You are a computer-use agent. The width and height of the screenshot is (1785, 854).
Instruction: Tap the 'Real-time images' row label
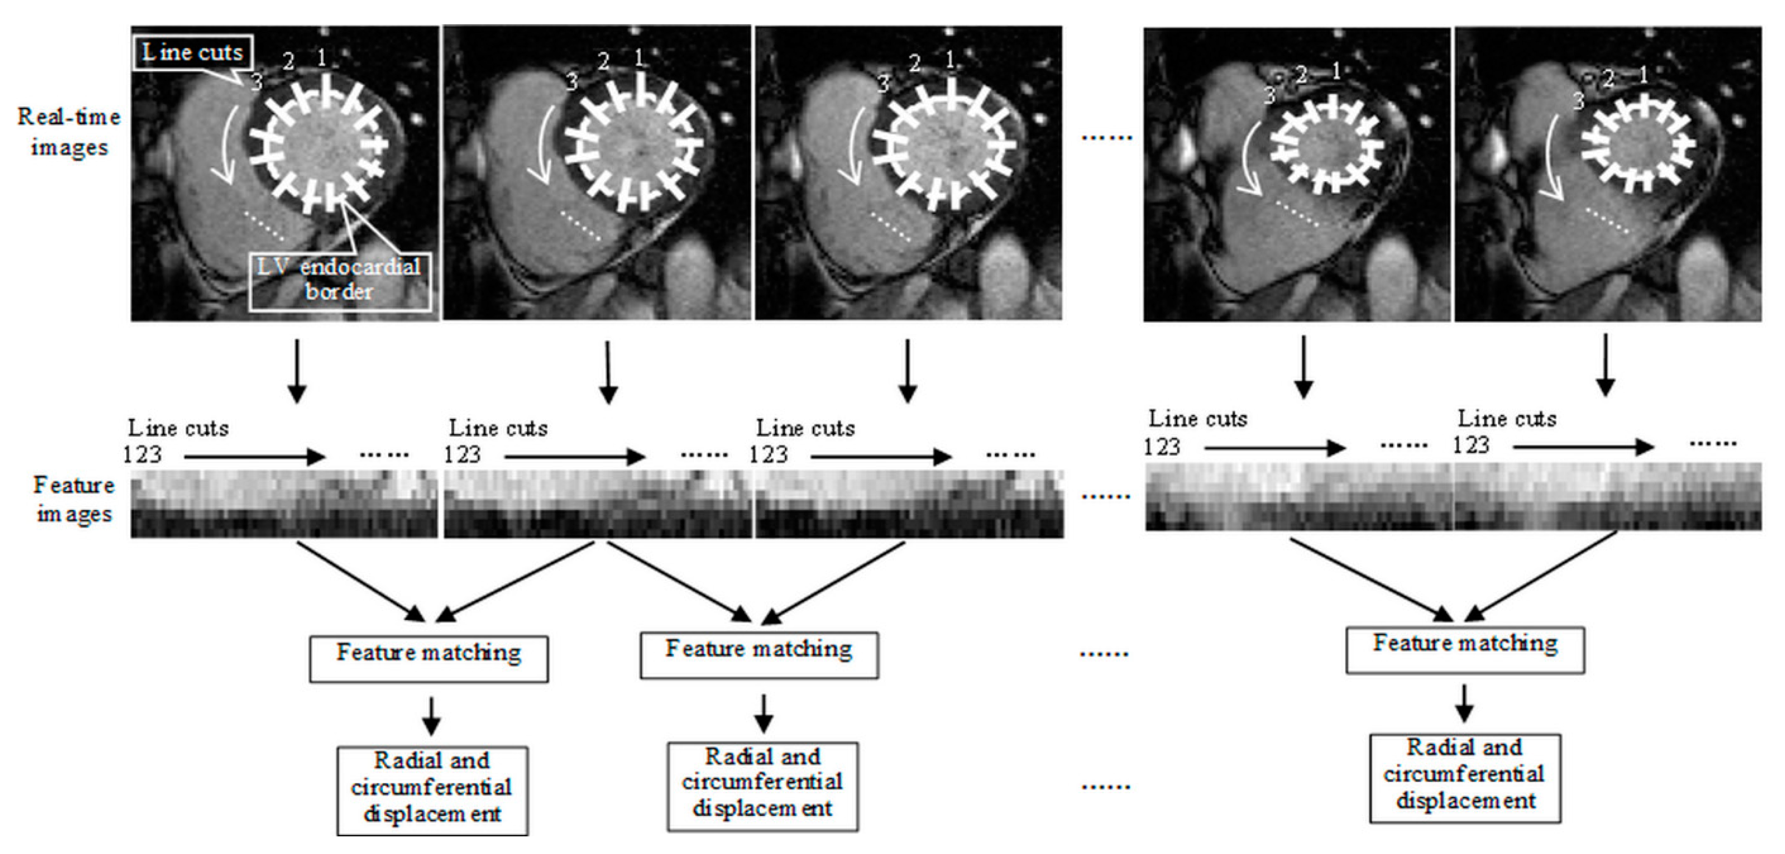pyautogui.click(x=69, y=131)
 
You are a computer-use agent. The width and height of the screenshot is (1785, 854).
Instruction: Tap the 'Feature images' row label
pyautogui.click(x=73, y=499)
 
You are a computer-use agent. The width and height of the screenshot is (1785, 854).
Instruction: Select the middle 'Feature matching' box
pyautogui.click(x=759, y=654)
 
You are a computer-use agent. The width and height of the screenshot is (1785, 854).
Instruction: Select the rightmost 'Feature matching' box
pyautogui.click(x=1465, y=650)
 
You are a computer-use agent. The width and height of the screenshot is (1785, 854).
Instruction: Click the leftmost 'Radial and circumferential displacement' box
pyautogui.click(x=432, y=789)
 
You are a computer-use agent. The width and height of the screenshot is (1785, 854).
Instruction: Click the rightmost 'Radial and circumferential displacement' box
pyautogui.click(x=1465, y=778)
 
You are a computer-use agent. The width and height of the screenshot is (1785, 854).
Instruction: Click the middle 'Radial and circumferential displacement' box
pyautogui.click(x=762, y=785)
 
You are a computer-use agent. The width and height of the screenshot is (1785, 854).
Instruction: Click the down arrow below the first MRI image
pyautogui.click(x=296, y=371)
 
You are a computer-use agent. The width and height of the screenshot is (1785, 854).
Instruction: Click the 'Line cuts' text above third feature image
pyautogui.click(x=805, y=428)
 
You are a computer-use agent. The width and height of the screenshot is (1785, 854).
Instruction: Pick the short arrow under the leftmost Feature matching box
pyautogui.click(x=431, y=716)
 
